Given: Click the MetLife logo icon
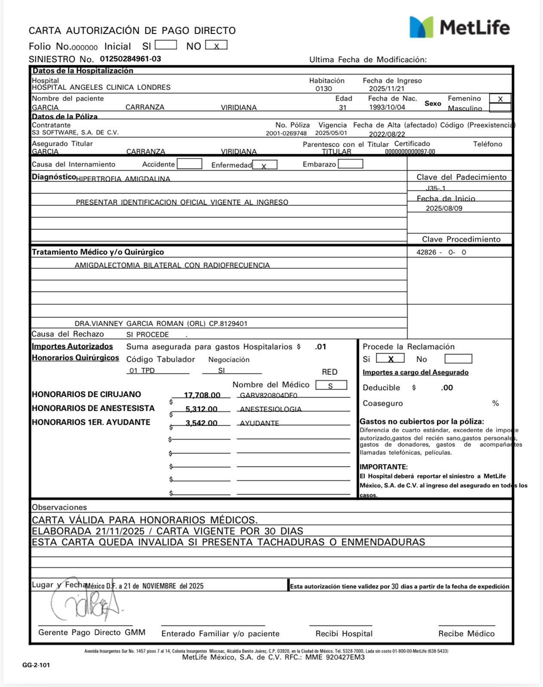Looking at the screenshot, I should click(x=421, y=27).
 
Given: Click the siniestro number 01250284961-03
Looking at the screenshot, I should click(x=131, y=59).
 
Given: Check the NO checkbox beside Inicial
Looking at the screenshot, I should click(x=216, y=45).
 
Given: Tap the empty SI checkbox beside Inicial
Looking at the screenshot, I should click(x=165, y=45).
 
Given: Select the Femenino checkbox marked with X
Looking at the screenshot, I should click(x=500, y=99).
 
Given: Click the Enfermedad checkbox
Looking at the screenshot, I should click(x=265, y=165).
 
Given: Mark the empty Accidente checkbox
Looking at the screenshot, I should click(x=189, y=164).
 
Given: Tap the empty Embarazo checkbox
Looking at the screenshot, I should click(x=351, y=164).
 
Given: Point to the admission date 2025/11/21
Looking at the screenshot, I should click(x=387, y=89).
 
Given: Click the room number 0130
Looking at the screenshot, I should click(x=323, y=89).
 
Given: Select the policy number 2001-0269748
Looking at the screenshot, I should click(x=286, y=134).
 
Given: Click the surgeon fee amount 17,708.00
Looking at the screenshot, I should click(x=202, y=395).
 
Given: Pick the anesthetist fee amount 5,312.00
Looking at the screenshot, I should click(x=201, y=409).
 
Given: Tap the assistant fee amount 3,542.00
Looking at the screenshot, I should click(x=201, y=423).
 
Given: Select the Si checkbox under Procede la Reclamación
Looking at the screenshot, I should click(x=390, y=359).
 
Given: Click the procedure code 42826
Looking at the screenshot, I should click(x=426, y=252).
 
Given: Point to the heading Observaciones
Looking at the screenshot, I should click(x=59, y=507).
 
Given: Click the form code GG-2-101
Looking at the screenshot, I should click(x=36, y=665).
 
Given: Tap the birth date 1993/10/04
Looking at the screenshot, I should click(x=387, y=107).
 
